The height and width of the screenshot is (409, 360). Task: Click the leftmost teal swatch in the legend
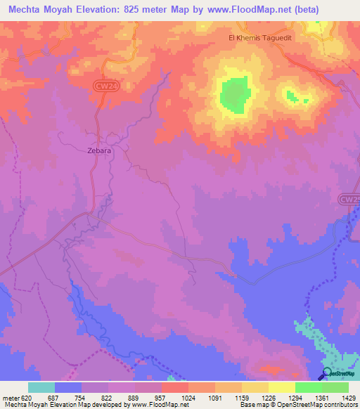[x=41, y=387]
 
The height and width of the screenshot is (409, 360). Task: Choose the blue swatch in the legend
[x=68, y=387]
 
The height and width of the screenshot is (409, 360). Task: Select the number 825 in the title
[x=141, y=10]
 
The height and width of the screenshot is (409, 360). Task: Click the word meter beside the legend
[x=11, y=397]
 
